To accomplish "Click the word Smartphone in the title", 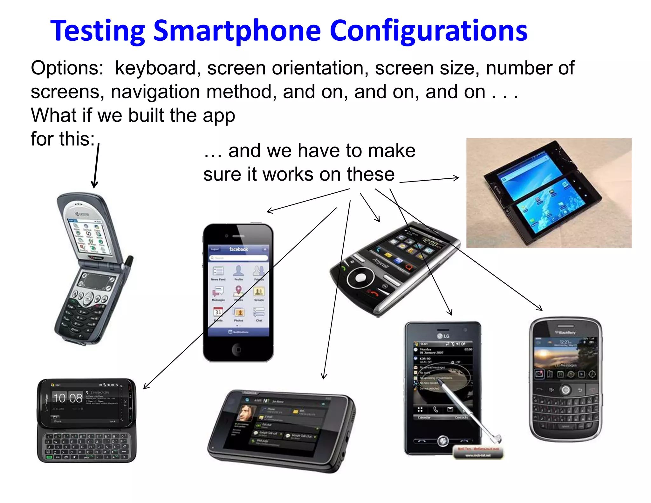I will coord(237,31).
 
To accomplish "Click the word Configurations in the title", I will coord(428,31).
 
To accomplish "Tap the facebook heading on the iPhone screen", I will coord(238,249).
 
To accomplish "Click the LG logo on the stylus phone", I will coord(443,336).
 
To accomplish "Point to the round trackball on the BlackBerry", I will coord(565,389).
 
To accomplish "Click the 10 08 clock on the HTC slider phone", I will coord(68,398).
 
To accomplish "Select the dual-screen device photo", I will coord(549,193).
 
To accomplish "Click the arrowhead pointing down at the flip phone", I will coord(94,184).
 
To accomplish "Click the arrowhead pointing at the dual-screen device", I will coord(456,178).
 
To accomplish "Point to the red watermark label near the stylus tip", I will coord(478,452).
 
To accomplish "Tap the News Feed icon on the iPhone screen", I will coord(218,271).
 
